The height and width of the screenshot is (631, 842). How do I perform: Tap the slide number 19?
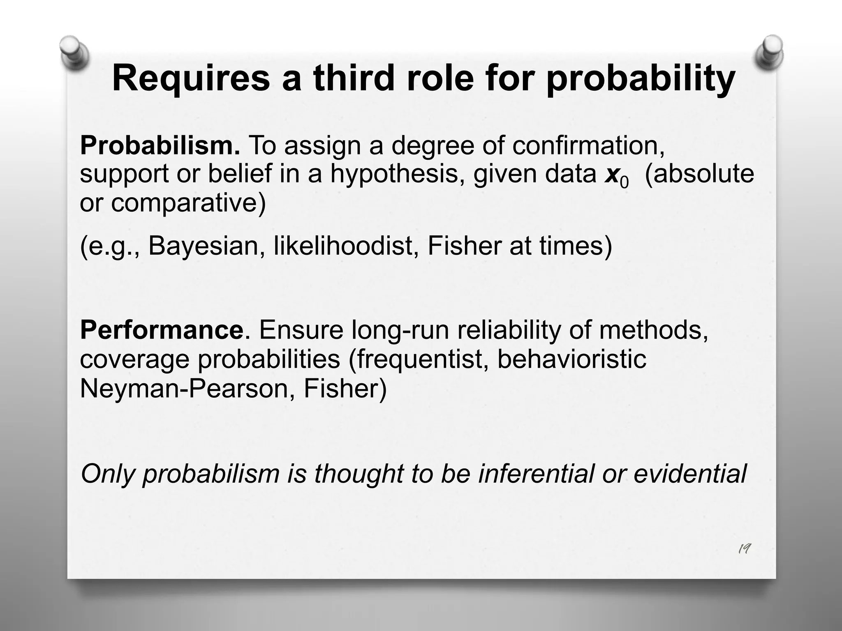coord(744,549)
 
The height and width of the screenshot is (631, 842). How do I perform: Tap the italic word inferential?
coord(536,473)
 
